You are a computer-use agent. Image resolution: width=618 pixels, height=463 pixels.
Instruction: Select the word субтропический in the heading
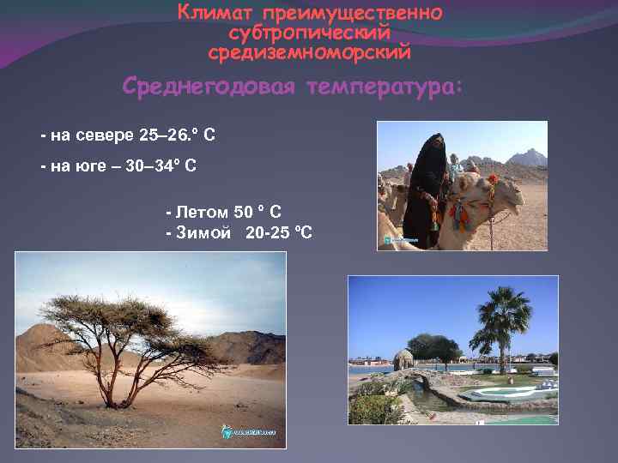click(310, 33)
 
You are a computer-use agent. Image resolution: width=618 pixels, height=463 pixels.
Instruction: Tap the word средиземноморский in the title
click(310, 52)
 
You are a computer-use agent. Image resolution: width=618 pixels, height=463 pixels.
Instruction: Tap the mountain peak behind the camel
click(527, 155)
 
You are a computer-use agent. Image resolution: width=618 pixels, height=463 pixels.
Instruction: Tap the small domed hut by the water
click(403, 360)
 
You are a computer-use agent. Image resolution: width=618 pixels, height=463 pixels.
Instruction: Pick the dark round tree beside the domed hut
click(433, 347)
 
